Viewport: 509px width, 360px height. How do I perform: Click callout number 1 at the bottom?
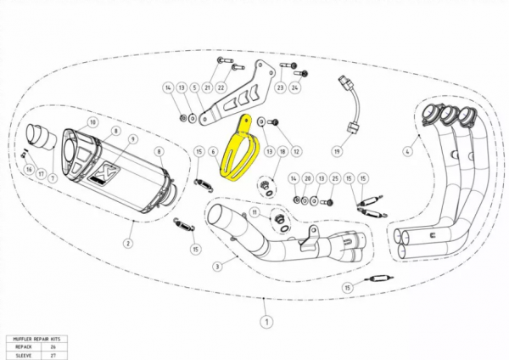pos(266,322)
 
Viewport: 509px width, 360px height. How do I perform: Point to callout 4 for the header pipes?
pos(406,151)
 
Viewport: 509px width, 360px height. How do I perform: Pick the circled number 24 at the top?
pos(295,87)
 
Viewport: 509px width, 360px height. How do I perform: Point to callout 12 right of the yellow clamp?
pos(297,151)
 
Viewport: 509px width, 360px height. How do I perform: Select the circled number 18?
pos(282,151)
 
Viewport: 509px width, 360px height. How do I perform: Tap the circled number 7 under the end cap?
pos(53,177)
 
